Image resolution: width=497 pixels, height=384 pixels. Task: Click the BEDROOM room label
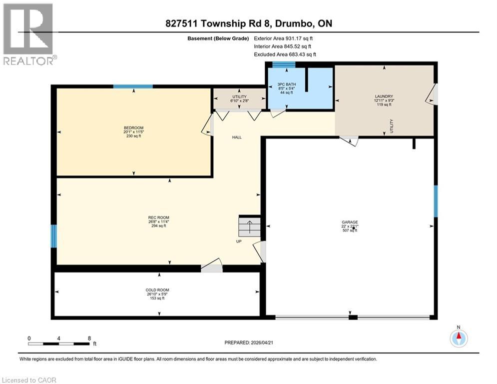pos(133,128)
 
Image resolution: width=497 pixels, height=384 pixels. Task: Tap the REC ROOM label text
pos(158,217)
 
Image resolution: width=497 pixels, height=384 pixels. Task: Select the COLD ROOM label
pos(157,290)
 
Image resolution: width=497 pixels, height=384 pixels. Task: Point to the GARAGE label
pos(350,222)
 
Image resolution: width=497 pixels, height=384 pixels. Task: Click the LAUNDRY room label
pos(384,96)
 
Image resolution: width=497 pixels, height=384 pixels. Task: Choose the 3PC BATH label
pos(287,84)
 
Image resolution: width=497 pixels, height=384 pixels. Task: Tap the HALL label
pos(237,137)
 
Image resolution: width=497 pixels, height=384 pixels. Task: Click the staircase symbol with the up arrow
pos(249,226)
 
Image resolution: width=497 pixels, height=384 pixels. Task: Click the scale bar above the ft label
pos(59,343)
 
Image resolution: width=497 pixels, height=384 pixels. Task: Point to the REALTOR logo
pos(29,34)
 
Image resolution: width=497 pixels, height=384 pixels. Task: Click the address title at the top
pos(249,23)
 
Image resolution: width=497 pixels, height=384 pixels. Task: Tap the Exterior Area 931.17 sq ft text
pos(283,38)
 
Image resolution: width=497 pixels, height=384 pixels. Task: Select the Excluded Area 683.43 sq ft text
pos(285,54)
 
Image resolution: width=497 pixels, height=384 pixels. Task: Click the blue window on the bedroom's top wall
pos(133,86)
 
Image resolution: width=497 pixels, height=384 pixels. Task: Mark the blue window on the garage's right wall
pos(436,201)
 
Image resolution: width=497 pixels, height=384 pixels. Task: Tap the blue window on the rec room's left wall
pos(54,236)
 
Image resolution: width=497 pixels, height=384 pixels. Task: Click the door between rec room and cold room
pos(212,266)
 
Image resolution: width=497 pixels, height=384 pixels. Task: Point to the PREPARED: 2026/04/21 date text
pos(249,342)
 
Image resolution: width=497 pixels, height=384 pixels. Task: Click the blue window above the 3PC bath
pos(284,64)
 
